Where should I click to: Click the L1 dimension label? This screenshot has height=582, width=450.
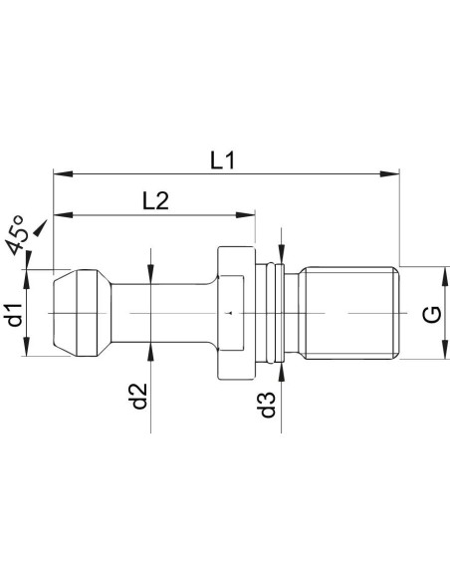pyautogui.click(x=222, y=161)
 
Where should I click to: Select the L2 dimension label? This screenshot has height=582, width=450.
pyautogui.click(x=155, y=200)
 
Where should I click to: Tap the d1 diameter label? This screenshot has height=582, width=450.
pyautogui.click(x=16, y=315)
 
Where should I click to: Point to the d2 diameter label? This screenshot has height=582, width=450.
pyautogui.click(x=139, y=396)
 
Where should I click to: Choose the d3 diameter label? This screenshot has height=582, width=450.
pyautogui.click(x=269, y=405)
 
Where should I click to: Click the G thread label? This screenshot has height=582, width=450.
pyautogui.click(x=432, y=315)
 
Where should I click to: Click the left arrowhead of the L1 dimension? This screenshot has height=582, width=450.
pyautogui.click(x=63, y=173)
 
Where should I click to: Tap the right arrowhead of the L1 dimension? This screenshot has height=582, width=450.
pyautogui.click(x=390, y=173)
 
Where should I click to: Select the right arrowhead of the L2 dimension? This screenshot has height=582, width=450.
pyautogui.click(x=246, y=214)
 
